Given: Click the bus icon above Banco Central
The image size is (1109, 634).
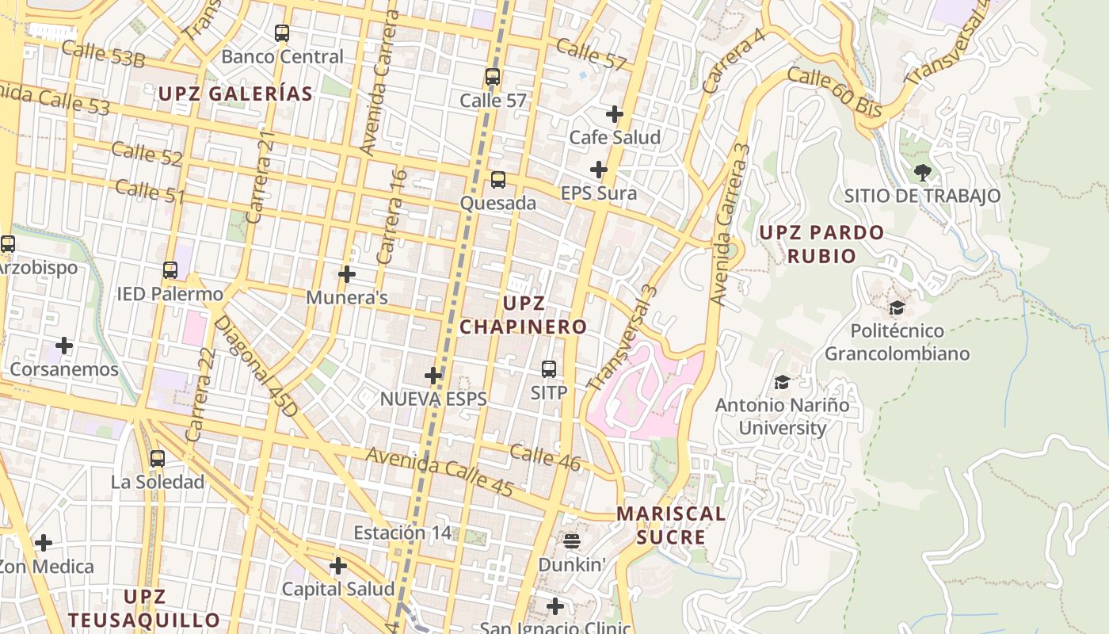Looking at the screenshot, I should (281, 33).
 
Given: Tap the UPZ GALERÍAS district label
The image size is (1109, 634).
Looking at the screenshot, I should (235, 94).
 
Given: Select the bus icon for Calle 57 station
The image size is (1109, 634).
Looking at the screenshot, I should (493, 77).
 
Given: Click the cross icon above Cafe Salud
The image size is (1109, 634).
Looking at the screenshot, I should (615, 114).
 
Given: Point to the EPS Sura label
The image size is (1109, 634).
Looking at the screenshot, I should (598, 193).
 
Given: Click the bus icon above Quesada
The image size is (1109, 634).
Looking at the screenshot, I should (497, 180).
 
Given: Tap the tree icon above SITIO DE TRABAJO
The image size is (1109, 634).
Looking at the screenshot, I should (922, 172).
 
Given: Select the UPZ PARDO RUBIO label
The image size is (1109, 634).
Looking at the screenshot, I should (821, 244).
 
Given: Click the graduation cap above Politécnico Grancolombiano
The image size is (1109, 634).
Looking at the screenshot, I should (897, 307).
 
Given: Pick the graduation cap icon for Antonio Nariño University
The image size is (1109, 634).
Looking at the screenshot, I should (782, 383).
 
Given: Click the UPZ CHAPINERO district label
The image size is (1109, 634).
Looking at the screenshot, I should (524, 315).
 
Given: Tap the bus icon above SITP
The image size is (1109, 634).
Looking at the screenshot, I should (549, 369).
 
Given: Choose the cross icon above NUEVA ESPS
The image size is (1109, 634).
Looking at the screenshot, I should (433, 376).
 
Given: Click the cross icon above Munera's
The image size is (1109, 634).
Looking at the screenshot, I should (346, 275).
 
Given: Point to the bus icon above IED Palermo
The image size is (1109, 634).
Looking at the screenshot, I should (170, 270).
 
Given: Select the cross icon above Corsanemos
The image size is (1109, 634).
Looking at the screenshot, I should (64, 346).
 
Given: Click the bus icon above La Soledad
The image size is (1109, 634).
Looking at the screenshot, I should (157, 458).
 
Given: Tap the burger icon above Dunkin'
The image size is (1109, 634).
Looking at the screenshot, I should (572, 541).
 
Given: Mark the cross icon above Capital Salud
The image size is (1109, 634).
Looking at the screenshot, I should (338, 566).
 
